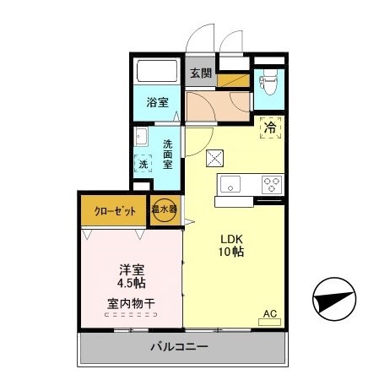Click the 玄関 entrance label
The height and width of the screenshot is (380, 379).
(x=198, y=73)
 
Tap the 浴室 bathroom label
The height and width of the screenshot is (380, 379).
(x=157, y=103)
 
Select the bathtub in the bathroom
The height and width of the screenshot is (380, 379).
(x=157, y=72)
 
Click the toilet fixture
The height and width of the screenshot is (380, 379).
(x=268, y=84)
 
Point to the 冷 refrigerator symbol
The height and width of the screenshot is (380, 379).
(x=271, y=128)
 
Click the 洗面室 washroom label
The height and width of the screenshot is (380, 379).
(x=169, y=154)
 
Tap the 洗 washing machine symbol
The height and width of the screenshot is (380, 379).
(x=143, y=164)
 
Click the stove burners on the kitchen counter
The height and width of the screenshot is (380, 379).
(x=272, y=183)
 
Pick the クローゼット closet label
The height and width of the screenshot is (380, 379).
(x=113, y=211)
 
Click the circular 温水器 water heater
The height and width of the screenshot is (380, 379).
(x=165, y=211)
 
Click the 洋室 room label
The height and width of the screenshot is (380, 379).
(x=131, y=271)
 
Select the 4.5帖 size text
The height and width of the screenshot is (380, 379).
(x=131, y=285)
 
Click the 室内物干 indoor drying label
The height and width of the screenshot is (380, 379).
(x=131, y=304)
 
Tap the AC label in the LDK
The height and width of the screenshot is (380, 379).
(x=270, y=314)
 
